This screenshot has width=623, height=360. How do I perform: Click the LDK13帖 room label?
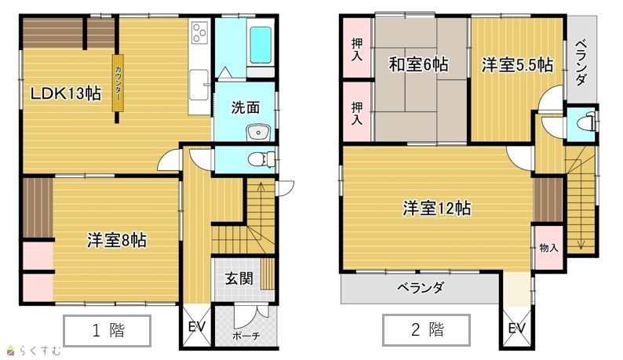[x=66, y=94]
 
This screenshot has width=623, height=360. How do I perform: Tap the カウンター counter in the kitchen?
[x=118, y=82]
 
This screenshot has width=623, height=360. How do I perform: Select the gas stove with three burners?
[x=199, y=32]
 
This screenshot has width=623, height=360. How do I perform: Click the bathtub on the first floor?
[x=260, y=45]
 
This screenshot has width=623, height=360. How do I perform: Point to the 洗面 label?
[x=246, y=107]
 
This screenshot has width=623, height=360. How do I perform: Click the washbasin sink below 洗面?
[x=258, y=133]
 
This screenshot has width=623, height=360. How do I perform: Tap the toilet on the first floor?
[x=261, y=159]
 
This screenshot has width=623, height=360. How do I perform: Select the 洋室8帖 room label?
[x=117, y=241]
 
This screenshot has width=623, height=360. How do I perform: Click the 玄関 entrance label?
[x=239, y=278]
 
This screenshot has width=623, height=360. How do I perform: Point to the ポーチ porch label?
[x=246, y=336]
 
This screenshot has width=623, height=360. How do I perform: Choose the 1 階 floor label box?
[x=107, y=331]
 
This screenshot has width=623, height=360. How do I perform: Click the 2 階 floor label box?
[x=426, y=329]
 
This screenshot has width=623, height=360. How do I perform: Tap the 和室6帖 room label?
[x=418, y=64]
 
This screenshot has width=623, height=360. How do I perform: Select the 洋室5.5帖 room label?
[x=517, y=65]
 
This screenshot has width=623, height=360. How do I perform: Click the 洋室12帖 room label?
[x=437, y=208]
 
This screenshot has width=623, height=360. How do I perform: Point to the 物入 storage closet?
[x=548, y=248]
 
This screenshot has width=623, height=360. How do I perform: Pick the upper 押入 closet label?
[x=357, y=49]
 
